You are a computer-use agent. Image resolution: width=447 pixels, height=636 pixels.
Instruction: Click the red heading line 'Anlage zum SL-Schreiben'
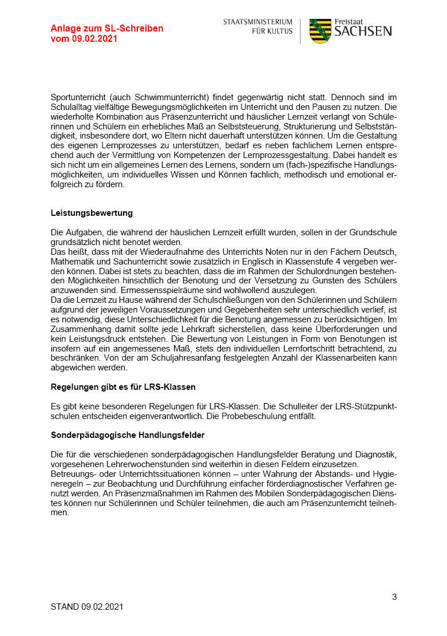[106, 29]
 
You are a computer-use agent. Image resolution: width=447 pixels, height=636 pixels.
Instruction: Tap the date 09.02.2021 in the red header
[94, 39]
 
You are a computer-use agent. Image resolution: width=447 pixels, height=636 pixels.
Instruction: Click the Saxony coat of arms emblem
[320, 31]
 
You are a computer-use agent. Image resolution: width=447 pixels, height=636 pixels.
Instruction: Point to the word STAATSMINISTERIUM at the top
[258, 22]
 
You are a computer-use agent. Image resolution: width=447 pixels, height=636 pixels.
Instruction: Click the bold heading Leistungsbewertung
[92, 213]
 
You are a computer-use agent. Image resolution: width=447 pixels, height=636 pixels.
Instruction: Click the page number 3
[394, 597]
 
